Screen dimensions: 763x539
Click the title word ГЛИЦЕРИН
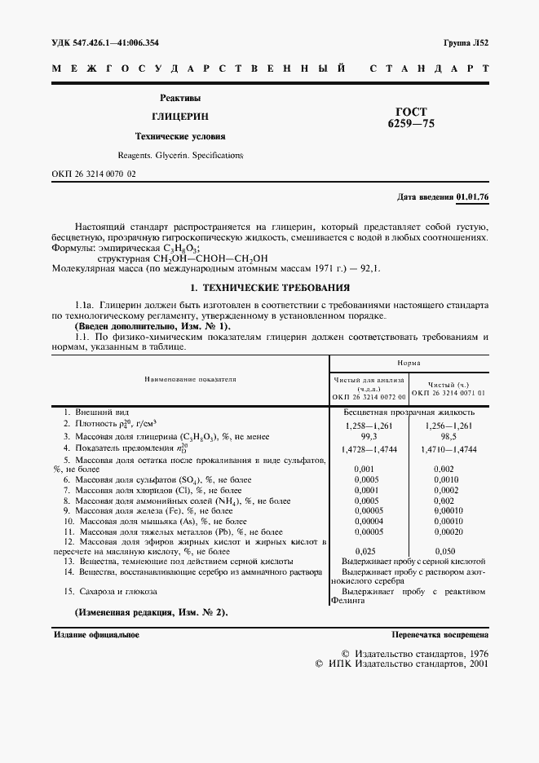click(x=179, y=117)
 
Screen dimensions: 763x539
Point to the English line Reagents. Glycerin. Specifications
click(x=179, y=154)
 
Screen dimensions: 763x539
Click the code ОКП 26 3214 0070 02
click(x=94, y=174)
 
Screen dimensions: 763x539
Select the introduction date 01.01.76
click(x=472, y=198)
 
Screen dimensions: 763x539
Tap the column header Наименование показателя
click(x=190, y=379)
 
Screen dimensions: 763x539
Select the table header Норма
click(x=409, y=362)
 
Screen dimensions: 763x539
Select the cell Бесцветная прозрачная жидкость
click(x=409, y=412)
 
